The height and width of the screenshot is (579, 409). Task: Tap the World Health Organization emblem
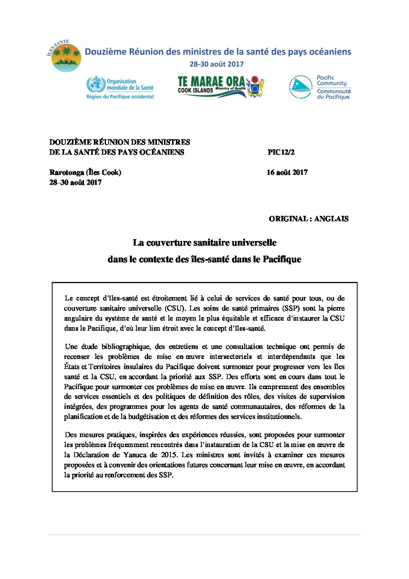coord(95,84)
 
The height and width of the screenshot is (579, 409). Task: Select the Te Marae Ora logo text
coord(211,82)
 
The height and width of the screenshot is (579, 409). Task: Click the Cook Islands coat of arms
coord(255,86)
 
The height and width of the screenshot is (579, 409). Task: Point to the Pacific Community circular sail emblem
coord(301,87)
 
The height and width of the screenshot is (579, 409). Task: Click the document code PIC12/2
coord(281,152)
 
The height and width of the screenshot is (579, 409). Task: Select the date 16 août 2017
coord(287,173)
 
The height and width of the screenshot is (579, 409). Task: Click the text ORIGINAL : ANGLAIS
coord(308,219)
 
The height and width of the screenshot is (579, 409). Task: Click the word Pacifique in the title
coord(282,260)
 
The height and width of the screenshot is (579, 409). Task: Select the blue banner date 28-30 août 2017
coord(216,64)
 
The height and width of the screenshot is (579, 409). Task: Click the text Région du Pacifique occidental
coord(120,97)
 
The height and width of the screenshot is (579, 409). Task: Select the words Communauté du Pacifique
coord(334,94)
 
